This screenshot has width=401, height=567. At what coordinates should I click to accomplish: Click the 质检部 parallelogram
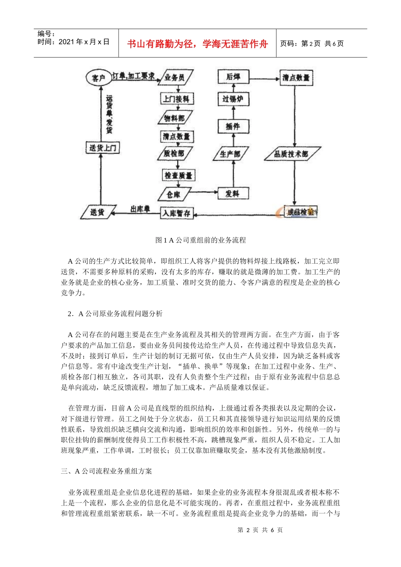174,154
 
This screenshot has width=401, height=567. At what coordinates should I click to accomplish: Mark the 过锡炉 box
233,99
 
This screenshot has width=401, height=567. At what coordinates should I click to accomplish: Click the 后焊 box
233,77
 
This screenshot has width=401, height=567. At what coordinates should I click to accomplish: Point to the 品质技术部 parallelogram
291,154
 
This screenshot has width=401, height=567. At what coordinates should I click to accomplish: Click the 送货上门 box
103,148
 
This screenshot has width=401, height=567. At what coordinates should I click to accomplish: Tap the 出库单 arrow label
140,209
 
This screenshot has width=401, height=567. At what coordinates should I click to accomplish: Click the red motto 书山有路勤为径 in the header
197,44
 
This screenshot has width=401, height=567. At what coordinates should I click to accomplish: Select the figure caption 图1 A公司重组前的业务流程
200,240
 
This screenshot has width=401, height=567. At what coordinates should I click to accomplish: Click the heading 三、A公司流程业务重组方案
106,471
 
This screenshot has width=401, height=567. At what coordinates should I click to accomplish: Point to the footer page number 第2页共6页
260,530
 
